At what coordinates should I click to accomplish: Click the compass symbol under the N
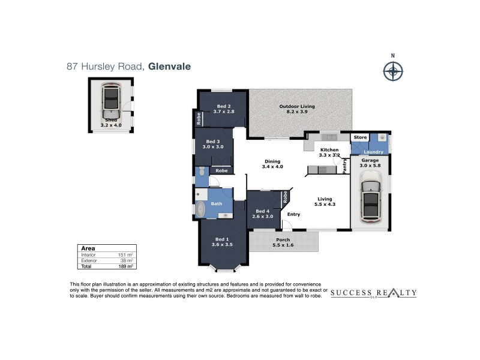click(x=392, y=72)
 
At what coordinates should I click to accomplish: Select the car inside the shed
click(x=111, y=102)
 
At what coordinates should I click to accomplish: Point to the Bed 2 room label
click(x=224, y=109)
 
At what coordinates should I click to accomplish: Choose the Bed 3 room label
click(x=212, y=143)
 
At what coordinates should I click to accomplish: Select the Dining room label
click(x=272, y=164)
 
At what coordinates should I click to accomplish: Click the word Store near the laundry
click(x=359, y=137)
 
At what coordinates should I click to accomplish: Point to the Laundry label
click(x=373, y=152)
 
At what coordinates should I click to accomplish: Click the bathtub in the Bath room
click(x=200, y=209)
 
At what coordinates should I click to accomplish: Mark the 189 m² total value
click(x=125, y=266)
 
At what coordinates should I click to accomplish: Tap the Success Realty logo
click(x=373, y=293)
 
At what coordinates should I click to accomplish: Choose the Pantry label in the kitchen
click(x=345, y=166)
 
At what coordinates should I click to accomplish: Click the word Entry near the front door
click(x=294, y=214)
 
